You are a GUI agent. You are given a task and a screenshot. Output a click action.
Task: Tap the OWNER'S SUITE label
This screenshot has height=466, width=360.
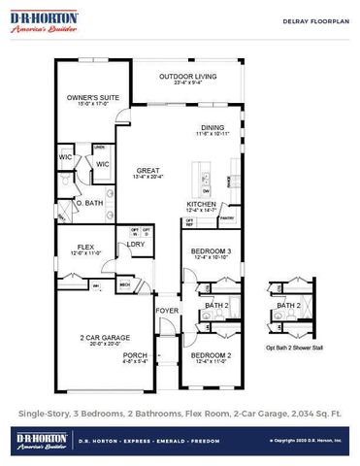click(x=85, y=98)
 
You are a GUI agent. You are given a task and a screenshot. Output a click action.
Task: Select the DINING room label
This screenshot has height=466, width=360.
click(x=212, y=127)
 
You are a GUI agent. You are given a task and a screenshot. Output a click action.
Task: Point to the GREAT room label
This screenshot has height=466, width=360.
click(x=147, y=171)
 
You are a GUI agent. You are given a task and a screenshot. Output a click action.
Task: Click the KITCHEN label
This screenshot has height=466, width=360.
click(x=201, y=204)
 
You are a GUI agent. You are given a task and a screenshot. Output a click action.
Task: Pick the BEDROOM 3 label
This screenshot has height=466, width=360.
click(x=211, y=251)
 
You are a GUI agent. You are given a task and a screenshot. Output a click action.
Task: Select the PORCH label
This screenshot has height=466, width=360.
click(x=136, y=355)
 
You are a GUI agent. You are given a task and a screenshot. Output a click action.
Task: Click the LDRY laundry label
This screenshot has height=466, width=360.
click(x=136, y=244)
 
